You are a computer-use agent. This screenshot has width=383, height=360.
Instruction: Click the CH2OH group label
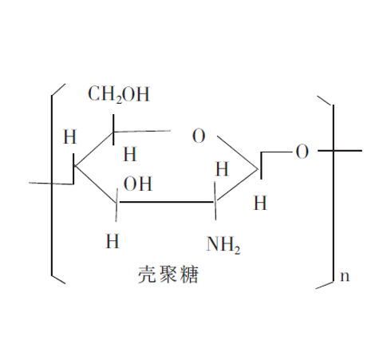119,94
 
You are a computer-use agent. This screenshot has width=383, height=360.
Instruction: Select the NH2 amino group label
223,244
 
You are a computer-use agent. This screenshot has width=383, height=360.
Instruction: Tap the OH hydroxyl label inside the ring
138,184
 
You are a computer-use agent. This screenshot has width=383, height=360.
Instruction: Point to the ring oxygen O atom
199,136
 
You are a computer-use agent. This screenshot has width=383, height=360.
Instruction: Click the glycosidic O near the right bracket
302,152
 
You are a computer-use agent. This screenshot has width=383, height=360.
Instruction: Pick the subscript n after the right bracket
345,276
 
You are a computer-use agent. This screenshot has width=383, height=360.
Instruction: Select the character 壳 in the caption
147,274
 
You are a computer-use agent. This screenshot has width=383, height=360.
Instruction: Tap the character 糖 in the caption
189,274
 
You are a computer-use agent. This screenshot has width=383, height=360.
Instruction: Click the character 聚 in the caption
168,274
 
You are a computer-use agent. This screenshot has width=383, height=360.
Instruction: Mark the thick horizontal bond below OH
167,202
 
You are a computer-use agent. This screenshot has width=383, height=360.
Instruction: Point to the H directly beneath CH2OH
130,154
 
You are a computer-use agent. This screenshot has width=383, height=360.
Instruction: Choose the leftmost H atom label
69,136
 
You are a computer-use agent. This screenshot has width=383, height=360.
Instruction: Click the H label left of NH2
113,241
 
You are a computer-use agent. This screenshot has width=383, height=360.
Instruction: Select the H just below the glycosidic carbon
260,203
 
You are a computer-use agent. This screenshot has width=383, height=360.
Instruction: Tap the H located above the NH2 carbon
222,169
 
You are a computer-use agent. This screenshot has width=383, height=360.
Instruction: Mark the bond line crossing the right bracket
340,151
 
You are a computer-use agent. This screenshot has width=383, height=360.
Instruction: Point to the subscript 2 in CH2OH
119,100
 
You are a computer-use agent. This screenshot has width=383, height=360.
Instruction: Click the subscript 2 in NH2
237,250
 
